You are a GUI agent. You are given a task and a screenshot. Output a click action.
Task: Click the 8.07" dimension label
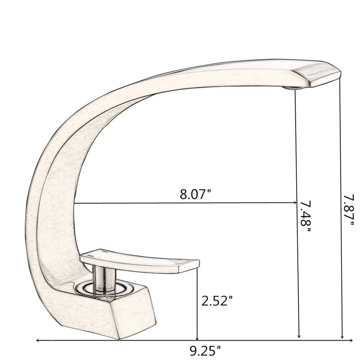coord(195,194)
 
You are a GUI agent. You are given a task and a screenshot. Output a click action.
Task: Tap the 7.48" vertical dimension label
coord(306,216)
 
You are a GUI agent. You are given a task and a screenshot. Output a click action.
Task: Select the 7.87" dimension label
coord(349,209)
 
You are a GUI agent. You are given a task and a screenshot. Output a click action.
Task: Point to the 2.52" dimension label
coord(217,301)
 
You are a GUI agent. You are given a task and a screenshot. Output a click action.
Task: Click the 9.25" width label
coord(205,351)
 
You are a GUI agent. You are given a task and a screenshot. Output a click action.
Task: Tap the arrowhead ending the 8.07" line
coord(294,202)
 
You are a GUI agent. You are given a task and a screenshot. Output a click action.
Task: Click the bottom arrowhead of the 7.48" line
coord(299,335)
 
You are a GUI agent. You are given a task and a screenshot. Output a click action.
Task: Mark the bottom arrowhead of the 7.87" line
coord(342,336)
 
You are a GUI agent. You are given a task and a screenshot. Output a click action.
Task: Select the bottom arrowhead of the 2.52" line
coord(197,337)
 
